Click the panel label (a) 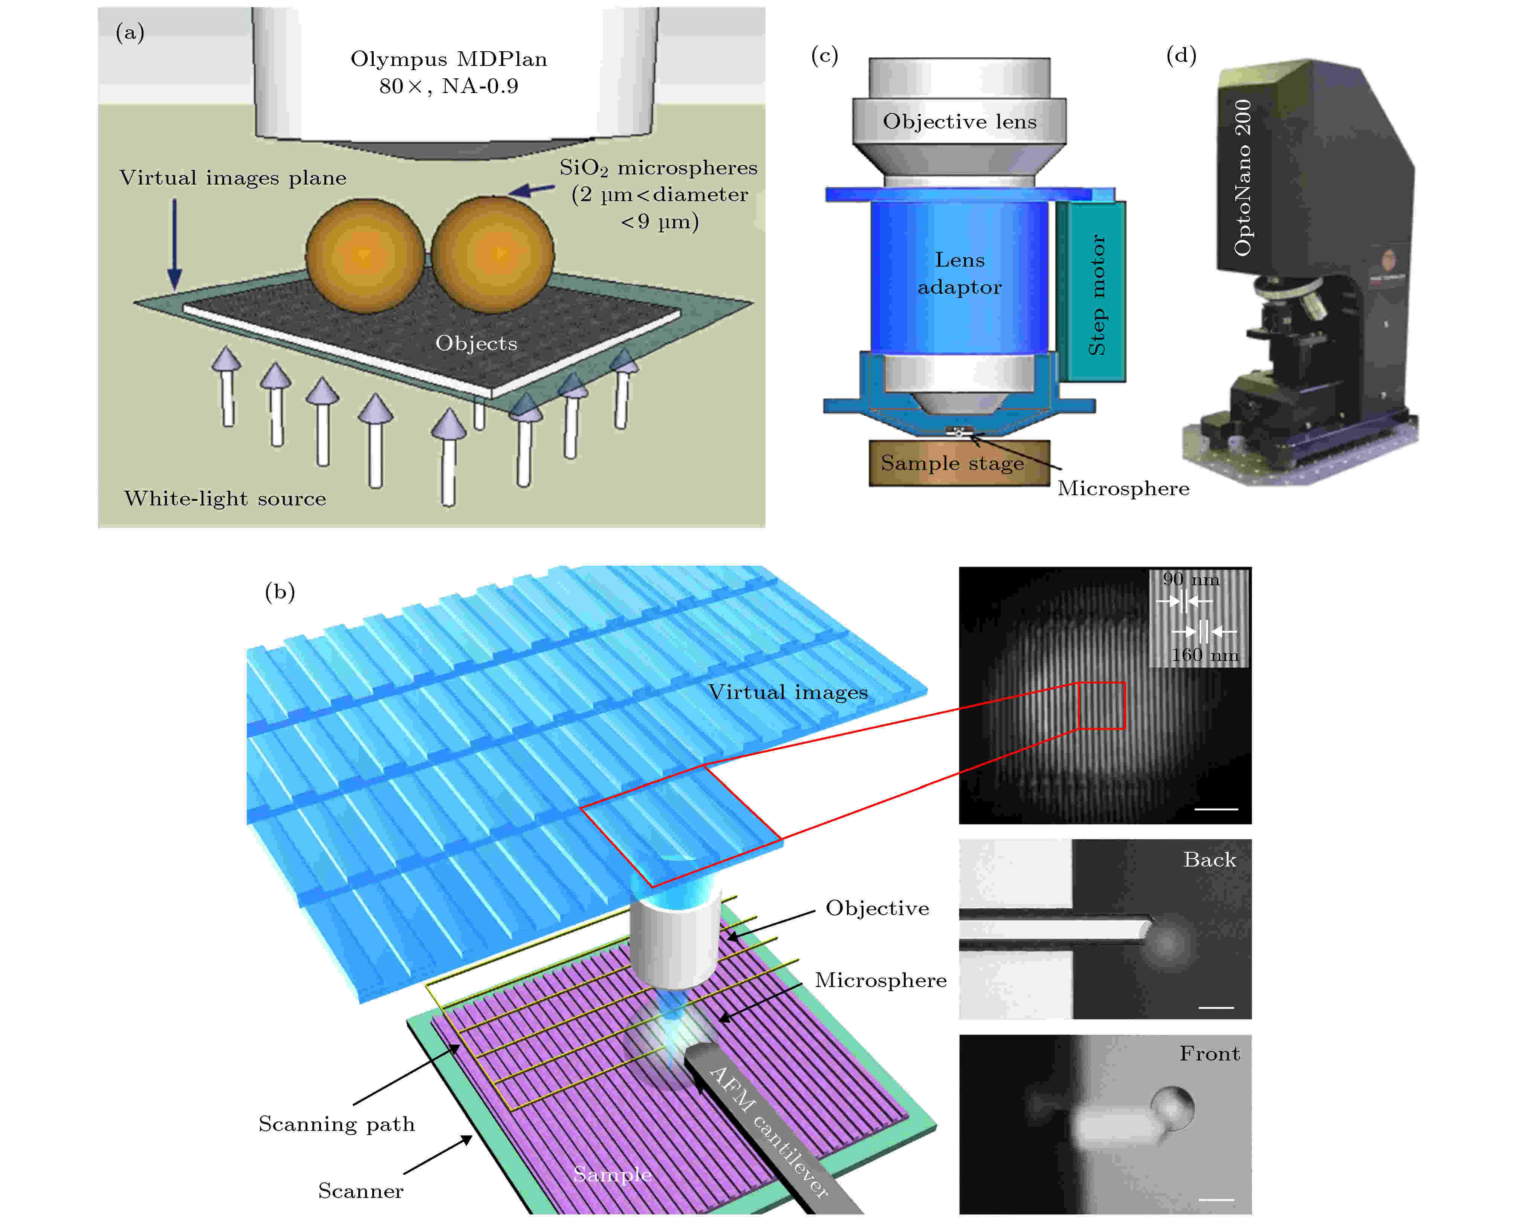(130, 32)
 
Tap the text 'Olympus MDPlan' (449, 59)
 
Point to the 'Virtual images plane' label (232, 178)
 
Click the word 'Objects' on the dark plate (476, 343)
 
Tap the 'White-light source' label (225, 499)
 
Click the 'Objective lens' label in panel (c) (960, 122)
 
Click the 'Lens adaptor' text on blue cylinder (960, 273)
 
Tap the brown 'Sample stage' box (960, 463)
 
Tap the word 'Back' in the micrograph (1210, 859)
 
